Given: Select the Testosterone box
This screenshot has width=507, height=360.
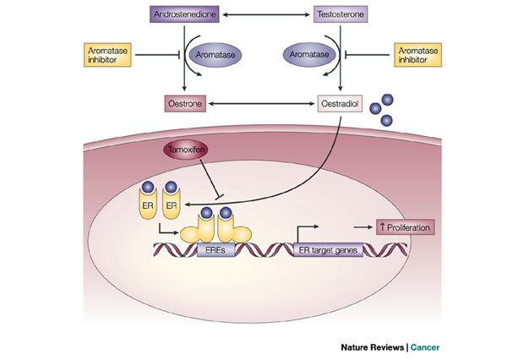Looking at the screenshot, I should pyautogui.click(x=340, y=14).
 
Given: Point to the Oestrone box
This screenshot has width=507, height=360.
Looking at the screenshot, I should pyautogui.click(x=185, y=105).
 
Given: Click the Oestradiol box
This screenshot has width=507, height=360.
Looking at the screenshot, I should pyautogui.click(x=340, y=105).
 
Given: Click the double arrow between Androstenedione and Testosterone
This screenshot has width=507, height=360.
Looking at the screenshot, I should pyautogui.click(x=262, y=14).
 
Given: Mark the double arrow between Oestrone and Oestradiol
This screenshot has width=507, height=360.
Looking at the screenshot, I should pyautogui.click(x=262, y=105).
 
